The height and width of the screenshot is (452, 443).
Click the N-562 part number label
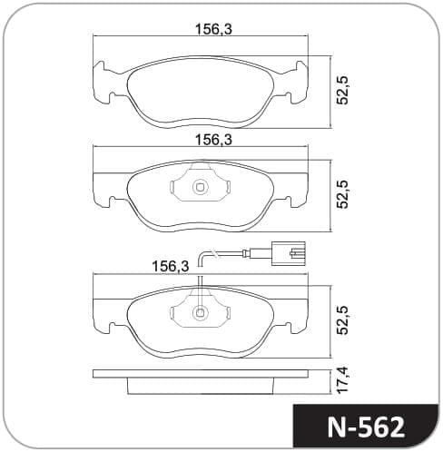(366, 427)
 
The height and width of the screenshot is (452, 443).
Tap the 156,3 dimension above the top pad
(213, 29)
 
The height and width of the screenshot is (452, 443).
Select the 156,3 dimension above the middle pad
(213, 140)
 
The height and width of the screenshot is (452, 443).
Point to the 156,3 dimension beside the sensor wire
(171, 266)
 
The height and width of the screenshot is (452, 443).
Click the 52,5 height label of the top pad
(343, 91)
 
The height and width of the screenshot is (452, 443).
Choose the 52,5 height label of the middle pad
(343, 194)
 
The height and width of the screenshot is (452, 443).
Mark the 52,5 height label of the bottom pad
(343, 320)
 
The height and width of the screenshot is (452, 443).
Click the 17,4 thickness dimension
(343, 380)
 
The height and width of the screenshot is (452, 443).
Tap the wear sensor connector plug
(288, 253)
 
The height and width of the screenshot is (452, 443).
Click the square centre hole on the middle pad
(200, 188)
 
